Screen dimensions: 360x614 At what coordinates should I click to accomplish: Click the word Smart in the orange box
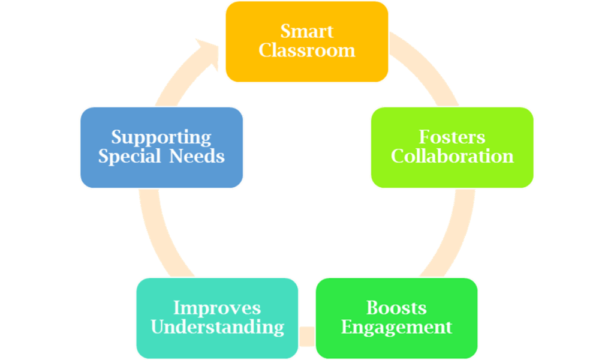(306, 31)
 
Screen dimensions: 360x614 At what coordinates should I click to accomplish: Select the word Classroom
(306, 50)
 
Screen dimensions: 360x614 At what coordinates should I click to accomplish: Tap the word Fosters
(452, 137)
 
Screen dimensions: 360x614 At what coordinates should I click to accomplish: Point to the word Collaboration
(452, 157)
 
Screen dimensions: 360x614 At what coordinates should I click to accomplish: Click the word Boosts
(396, 308)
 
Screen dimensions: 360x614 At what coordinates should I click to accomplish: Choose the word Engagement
(396, 328)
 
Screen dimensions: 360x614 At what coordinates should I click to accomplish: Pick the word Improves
(217, 308)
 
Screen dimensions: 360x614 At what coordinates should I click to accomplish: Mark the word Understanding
(217, 328)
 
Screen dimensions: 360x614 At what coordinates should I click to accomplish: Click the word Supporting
(161, 137)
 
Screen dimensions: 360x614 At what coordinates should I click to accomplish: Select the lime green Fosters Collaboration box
(452, 174)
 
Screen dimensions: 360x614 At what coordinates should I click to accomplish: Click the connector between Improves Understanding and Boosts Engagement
(306, 337)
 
